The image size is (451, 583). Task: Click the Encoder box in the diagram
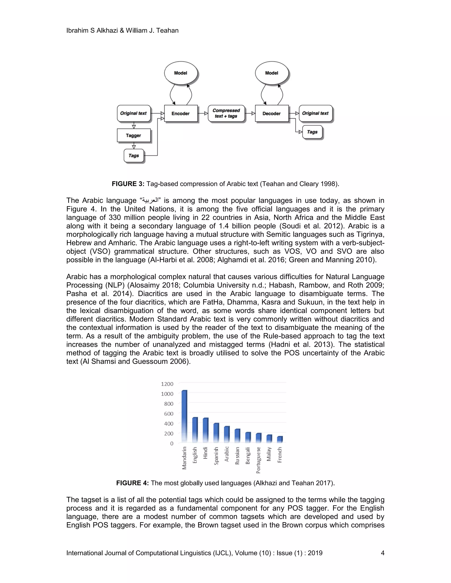(181, 114)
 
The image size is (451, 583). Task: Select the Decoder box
(272, 114)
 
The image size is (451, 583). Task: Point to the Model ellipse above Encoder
(181, 73)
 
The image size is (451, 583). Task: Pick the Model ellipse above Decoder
(272, 73)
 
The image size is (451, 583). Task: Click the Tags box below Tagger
(134, 156)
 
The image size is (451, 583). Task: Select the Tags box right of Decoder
(312, 132)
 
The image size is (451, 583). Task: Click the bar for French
(280, 439)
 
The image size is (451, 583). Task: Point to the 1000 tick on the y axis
(167, 394)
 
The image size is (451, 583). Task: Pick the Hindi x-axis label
(205, 453)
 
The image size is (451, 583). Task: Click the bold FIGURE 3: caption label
(128, 184)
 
